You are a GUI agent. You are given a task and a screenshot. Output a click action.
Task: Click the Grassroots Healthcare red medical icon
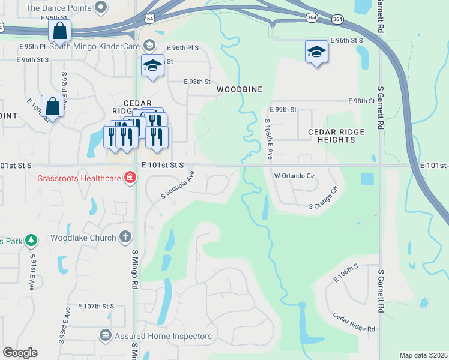129,177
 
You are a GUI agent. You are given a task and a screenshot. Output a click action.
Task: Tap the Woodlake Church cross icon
125,238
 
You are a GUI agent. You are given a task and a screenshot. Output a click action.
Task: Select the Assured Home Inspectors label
161,336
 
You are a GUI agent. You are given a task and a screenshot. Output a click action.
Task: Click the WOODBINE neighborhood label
240,89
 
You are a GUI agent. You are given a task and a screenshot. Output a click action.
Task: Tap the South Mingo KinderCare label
94,46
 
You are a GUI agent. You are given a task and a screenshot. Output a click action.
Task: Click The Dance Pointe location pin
101,7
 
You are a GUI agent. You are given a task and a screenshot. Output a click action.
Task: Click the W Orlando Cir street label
294,176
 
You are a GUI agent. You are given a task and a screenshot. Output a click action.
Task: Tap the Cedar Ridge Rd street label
354,323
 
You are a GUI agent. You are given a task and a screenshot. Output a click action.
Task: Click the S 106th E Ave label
269,139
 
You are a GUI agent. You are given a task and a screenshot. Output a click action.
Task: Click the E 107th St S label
91,306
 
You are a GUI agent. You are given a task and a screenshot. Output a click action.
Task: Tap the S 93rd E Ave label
64,325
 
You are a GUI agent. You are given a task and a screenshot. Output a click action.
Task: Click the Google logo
20,353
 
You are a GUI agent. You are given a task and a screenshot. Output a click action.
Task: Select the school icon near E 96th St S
316,52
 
